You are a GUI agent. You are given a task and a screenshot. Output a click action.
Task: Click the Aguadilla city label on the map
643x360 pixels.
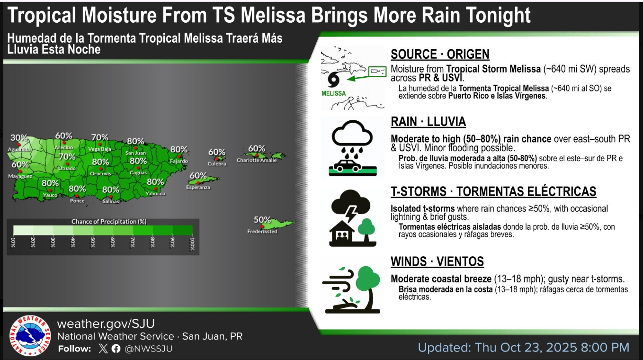(19, 150)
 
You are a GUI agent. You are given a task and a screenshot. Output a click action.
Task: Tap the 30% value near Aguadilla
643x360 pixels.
(19, 138)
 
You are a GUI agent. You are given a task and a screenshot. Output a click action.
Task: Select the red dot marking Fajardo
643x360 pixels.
(179, 156)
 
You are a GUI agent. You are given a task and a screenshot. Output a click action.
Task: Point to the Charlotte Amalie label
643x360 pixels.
(257, 160)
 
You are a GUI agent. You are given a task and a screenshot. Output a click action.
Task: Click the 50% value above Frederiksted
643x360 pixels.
(262, 220)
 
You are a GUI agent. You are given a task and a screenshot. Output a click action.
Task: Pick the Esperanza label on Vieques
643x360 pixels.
(198, 188)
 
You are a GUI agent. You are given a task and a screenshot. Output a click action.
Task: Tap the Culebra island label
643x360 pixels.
(217, 163)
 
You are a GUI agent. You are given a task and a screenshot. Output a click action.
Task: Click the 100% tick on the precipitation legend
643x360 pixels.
(192, 244)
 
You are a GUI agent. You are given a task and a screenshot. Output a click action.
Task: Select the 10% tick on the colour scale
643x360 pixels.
(13, 243)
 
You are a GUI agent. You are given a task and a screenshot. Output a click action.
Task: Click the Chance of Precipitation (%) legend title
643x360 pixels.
(109, 222)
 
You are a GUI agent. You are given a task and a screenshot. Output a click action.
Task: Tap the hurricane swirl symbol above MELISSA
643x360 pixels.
(333, 80)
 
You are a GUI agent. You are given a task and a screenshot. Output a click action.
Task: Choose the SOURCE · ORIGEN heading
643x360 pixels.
(440, 54)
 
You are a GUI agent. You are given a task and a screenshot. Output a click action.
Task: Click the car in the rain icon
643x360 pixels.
(347, 166)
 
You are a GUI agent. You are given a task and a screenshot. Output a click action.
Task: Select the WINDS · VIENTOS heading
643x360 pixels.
(437, 261)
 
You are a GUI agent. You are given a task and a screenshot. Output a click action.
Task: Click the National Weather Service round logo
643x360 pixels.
(30, 336)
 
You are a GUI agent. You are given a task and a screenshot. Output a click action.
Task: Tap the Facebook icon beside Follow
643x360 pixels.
(116, 349)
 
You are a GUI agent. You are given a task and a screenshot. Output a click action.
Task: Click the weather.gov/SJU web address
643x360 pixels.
(106, 324)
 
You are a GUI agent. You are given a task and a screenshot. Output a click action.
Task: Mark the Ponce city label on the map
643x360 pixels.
(77, 201)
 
